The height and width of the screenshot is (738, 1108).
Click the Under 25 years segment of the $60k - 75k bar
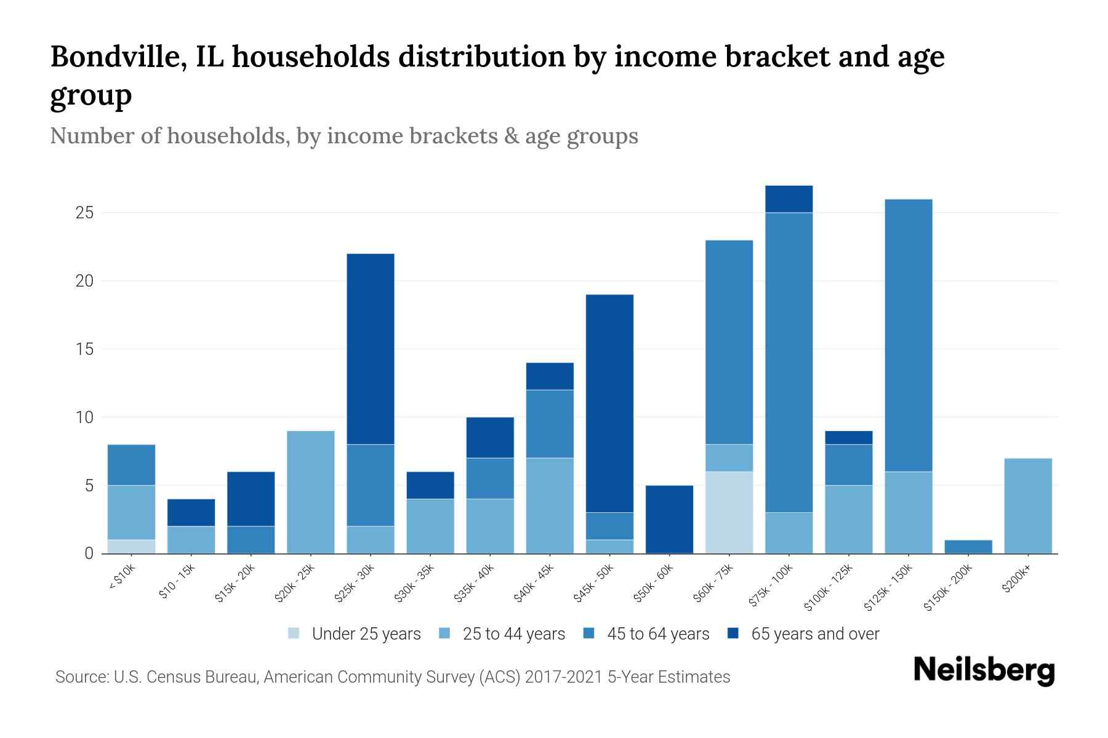coord(729,512)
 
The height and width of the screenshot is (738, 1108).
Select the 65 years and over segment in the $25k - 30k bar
coord(371,349)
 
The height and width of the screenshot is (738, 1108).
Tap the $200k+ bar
coord(1027,506)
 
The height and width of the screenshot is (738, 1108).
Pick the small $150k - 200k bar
coord(968,547)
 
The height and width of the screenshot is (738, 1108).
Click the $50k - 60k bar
coord(669,519)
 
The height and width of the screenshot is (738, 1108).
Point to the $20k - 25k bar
coord(311,492)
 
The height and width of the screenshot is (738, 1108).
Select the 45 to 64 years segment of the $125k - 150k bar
coord(908,335)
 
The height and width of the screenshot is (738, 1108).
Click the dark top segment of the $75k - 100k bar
coord(789,199)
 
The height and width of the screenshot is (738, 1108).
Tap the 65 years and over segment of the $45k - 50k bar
coord(609,403)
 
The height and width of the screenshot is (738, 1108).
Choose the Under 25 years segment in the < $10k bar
coord(131,546)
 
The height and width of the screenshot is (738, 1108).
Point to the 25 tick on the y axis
coord(84,213)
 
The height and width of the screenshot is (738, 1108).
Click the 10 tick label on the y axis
coord(84,418)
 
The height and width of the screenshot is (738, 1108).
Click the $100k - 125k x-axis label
coord(829,587)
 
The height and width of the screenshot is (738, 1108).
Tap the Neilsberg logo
coord(984,670)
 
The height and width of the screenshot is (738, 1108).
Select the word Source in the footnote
coord(81,677)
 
